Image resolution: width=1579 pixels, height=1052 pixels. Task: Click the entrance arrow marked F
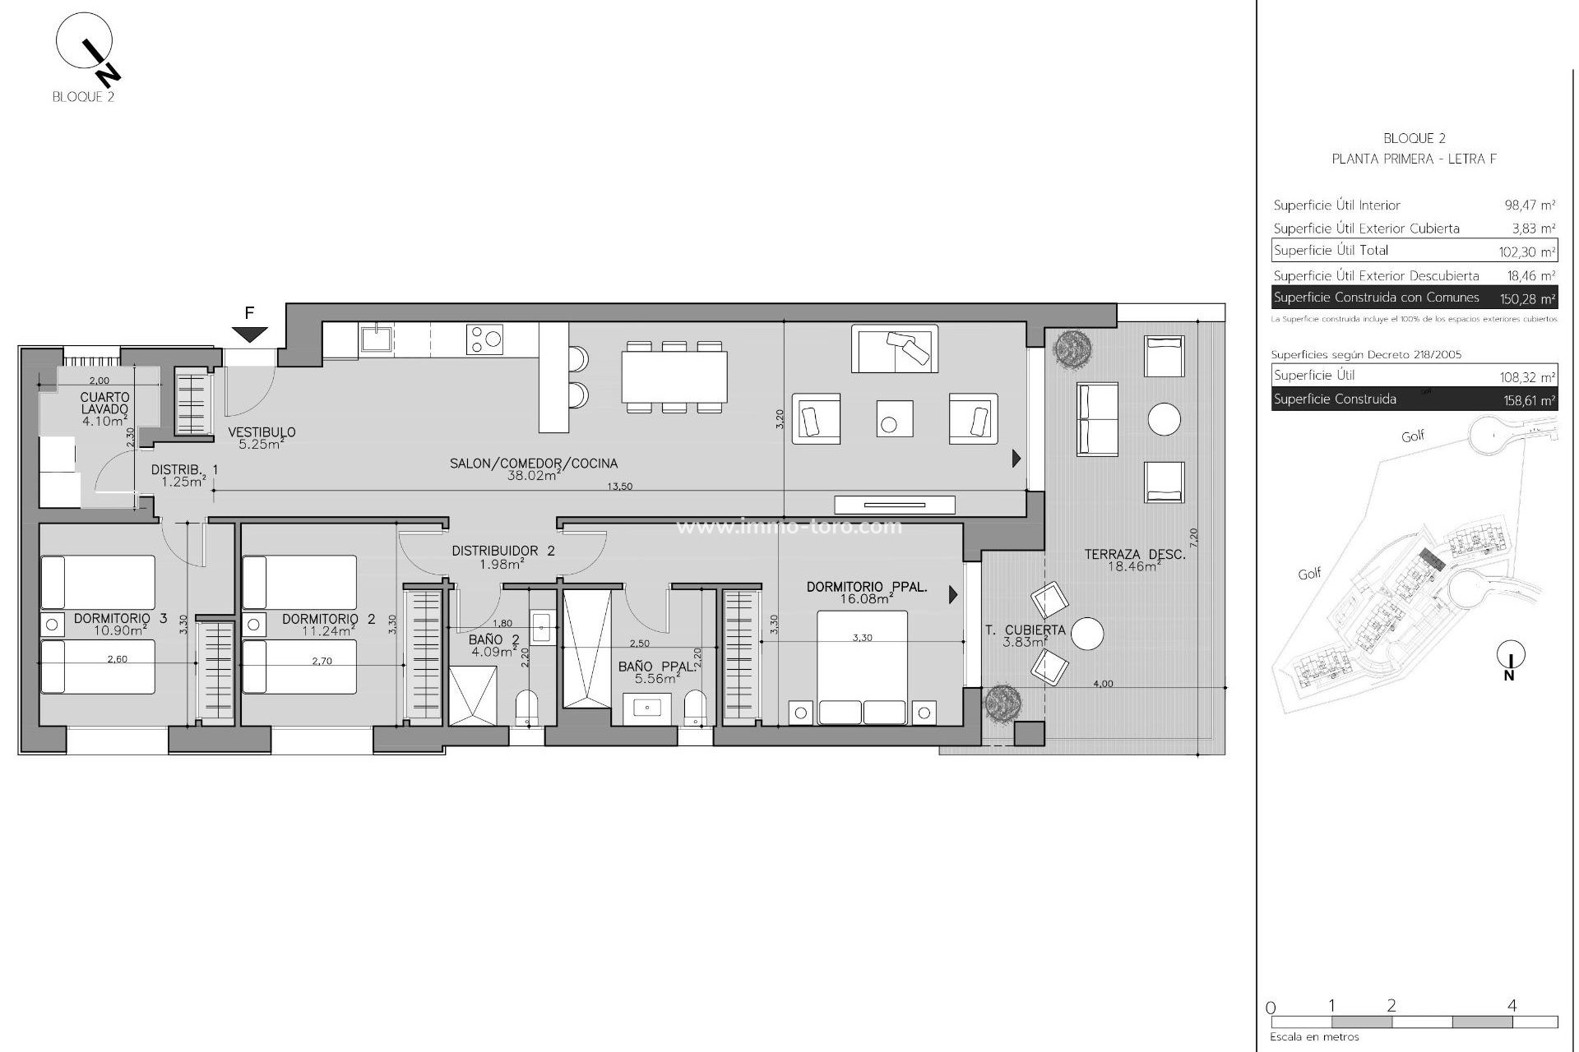249,334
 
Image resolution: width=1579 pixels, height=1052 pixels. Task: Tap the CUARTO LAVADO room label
105,404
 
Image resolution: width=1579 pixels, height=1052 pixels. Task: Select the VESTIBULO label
262,432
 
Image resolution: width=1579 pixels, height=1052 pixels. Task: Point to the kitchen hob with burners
484,339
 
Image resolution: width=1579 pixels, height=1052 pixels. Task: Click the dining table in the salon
674,376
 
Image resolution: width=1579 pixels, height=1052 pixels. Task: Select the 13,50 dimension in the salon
619,487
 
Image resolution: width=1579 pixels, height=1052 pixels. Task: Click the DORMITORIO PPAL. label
867,587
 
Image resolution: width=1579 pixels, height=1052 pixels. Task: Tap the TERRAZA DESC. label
1135,555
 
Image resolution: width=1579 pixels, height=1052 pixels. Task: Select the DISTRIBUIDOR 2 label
502,551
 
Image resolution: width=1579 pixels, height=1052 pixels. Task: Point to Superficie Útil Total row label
1331,251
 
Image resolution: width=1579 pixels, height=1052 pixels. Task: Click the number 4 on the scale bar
1512,1004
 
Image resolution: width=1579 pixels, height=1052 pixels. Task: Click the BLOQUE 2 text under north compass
83,96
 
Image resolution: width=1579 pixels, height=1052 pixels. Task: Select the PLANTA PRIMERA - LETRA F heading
1414,159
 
